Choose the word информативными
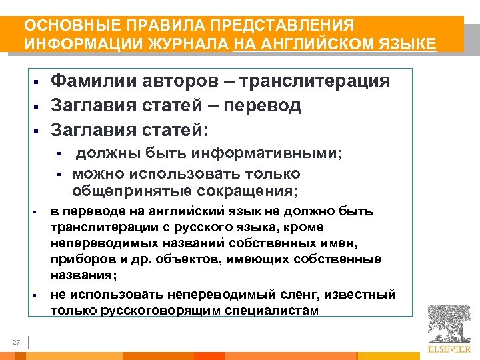coord(266,153)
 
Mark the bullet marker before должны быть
coord(59,154)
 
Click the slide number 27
coord(17,343)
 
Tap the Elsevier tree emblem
coord(449,325)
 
